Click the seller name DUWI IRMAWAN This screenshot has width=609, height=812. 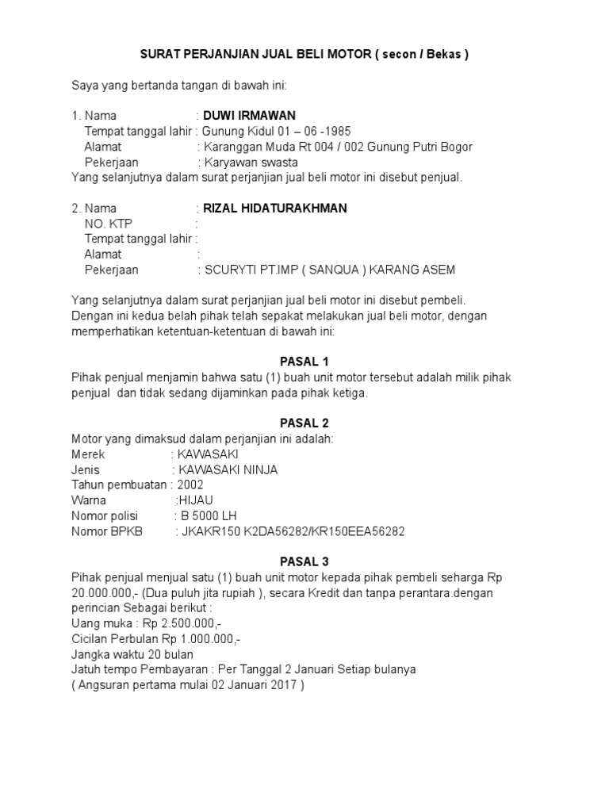[250, 116]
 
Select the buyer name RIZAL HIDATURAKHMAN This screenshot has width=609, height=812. [275, 209]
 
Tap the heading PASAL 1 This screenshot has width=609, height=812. [299, 362]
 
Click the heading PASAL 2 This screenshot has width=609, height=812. [299, 423]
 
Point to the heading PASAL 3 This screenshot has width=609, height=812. [299, 561]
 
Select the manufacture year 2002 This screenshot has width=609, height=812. [190, 485]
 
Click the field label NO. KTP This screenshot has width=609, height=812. [109, 224]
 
